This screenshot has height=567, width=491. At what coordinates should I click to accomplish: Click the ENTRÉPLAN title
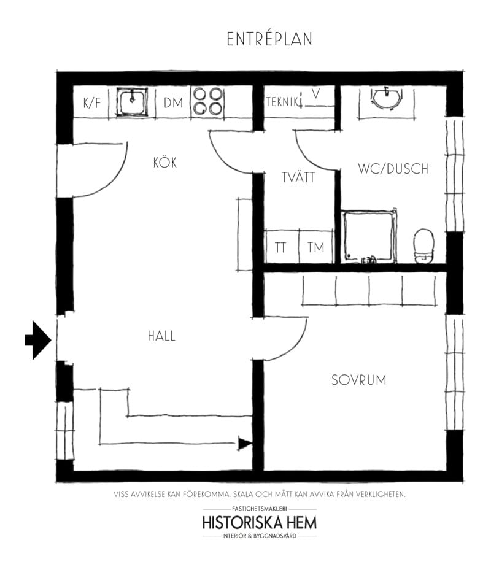pos(269,39)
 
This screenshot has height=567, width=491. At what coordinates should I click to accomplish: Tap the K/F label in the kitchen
pos(92,103)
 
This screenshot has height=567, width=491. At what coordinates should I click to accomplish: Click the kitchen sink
pos(132,102)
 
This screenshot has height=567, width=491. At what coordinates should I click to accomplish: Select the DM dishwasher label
pos(173,103)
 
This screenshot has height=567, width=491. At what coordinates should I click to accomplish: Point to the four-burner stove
pos(207,101)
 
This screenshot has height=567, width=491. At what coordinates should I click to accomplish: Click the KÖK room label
pos(165,163)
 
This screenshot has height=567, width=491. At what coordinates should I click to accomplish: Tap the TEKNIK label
pos(284,102)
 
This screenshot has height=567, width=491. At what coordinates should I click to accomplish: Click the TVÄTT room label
pos(298,177)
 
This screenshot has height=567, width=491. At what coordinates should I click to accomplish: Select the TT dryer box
pos(282,247)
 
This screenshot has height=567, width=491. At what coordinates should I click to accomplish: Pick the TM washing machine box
pos(316,247)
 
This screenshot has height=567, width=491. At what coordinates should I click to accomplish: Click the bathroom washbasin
pos(386,98)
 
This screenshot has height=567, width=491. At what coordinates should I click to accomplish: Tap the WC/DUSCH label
pos(393,169)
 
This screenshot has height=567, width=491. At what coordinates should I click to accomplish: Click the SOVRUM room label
pos(358,380)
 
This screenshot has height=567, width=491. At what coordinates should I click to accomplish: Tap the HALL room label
pos(161,336)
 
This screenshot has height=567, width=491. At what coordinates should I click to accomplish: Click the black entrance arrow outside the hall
pos(37,340)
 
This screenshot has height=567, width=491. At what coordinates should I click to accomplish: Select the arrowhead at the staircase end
pos(245,443)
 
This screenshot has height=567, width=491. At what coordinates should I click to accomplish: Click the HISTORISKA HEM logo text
pos(259,523)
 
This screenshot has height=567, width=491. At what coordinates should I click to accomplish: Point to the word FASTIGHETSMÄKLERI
pos(259,509)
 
